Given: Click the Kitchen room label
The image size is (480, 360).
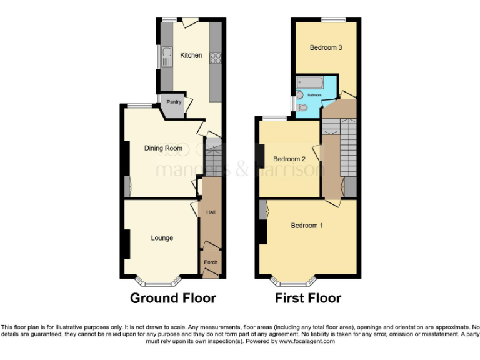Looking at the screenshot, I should (191, 55).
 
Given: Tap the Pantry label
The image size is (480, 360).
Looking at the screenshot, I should (174, 102).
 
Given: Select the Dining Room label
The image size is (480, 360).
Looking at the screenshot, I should (163, 148).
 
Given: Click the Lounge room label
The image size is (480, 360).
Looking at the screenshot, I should (162, 238).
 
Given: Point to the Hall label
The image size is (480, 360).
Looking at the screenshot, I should (211, 213).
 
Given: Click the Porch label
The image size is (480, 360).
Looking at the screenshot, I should (211, 262).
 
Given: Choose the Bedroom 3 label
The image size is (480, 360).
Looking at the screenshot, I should (326, 47).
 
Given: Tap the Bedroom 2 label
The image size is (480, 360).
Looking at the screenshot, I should (289, 159).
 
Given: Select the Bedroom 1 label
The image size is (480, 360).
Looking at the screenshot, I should (307, 226).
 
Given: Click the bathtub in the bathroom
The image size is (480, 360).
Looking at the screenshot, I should (309, 82).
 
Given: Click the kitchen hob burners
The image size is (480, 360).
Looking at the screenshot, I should (216, 57).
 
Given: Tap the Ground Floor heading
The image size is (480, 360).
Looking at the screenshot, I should (173, 298).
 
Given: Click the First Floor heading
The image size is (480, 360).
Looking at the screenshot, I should (308, 298).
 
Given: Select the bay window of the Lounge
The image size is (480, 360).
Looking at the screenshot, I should (159, 281).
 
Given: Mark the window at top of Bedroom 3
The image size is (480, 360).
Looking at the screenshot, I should (334, 19).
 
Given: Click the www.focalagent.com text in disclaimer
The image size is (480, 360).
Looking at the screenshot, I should (307, 342).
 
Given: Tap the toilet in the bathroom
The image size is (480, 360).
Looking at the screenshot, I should (301, 107).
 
